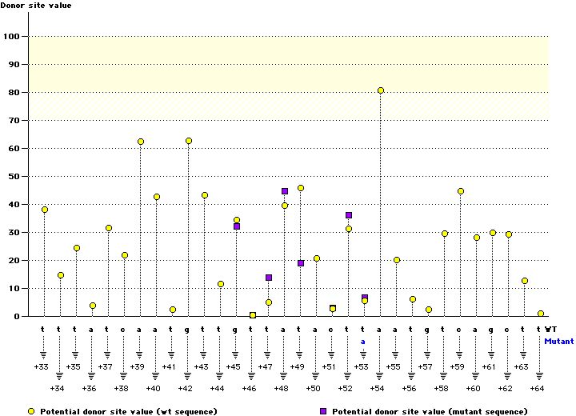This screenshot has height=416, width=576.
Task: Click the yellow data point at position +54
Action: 381,90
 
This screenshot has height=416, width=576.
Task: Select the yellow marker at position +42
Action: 189,141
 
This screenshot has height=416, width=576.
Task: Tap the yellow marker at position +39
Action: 141,142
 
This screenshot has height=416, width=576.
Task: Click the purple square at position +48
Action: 285,191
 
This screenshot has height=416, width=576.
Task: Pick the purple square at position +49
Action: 301,263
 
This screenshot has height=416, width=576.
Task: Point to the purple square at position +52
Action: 349,215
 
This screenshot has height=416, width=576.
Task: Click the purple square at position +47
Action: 269,278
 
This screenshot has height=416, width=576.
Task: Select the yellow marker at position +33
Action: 45,210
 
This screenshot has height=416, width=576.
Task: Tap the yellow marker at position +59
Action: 461,191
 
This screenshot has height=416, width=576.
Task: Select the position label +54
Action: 379,387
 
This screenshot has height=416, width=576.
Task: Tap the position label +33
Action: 42,366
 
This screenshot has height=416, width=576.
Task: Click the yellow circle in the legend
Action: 31,410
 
